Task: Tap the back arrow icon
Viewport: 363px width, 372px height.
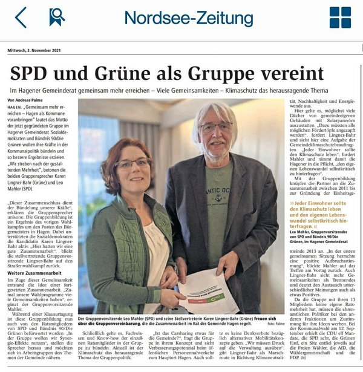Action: pyautogui.click(x=21, y=18)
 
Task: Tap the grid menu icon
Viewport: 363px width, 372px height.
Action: pyautogui.click(x=339, y=18)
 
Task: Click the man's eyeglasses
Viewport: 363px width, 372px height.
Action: pyautogui.click(x=216, y=128)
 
